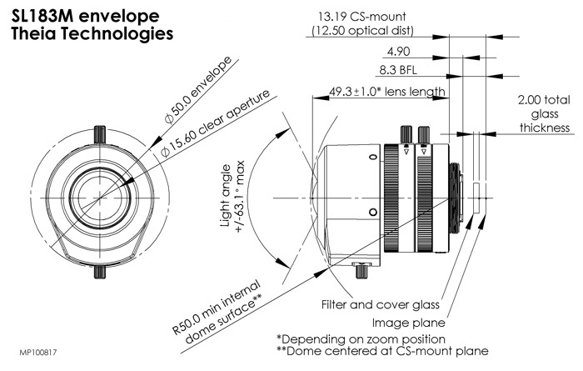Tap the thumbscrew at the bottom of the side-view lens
(361, 269)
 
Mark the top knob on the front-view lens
(99, 132)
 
